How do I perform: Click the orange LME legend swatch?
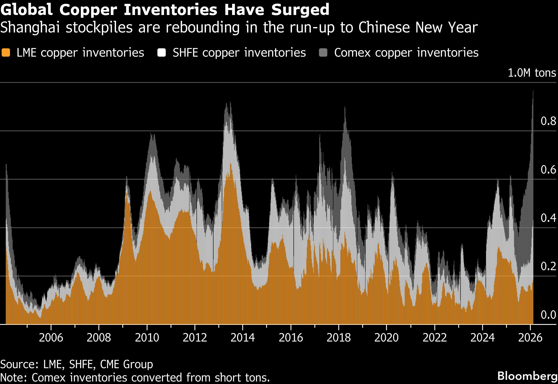coord(6,53)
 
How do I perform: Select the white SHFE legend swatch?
coord(162,53)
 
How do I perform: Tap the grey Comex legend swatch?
coord(323,53)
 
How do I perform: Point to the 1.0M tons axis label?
coord(532,73)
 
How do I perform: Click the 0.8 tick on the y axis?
coord(548,121)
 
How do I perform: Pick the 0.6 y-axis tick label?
coord(548,170)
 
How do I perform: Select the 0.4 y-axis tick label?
coord(548,218)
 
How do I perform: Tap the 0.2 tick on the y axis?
coord(548,266)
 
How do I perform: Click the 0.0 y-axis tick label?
coord(548,315)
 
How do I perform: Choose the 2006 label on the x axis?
coord(51,338)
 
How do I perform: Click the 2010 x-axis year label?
coord(147,338)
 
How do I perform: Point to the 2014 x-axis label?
coord(243,338)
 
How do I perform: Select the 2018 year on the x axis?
coord(339,338)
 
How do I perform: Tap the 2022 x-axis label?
coord(434,338)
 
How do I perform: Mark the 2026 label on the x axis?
coord(530,338)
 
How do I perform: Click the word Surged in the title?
coord(300,10)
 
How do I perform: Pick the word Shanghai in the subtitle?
coord(30,28)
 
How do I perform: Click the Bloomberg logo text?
coord(527,376)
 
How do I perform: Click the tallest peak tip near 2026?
coord(533,91)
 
